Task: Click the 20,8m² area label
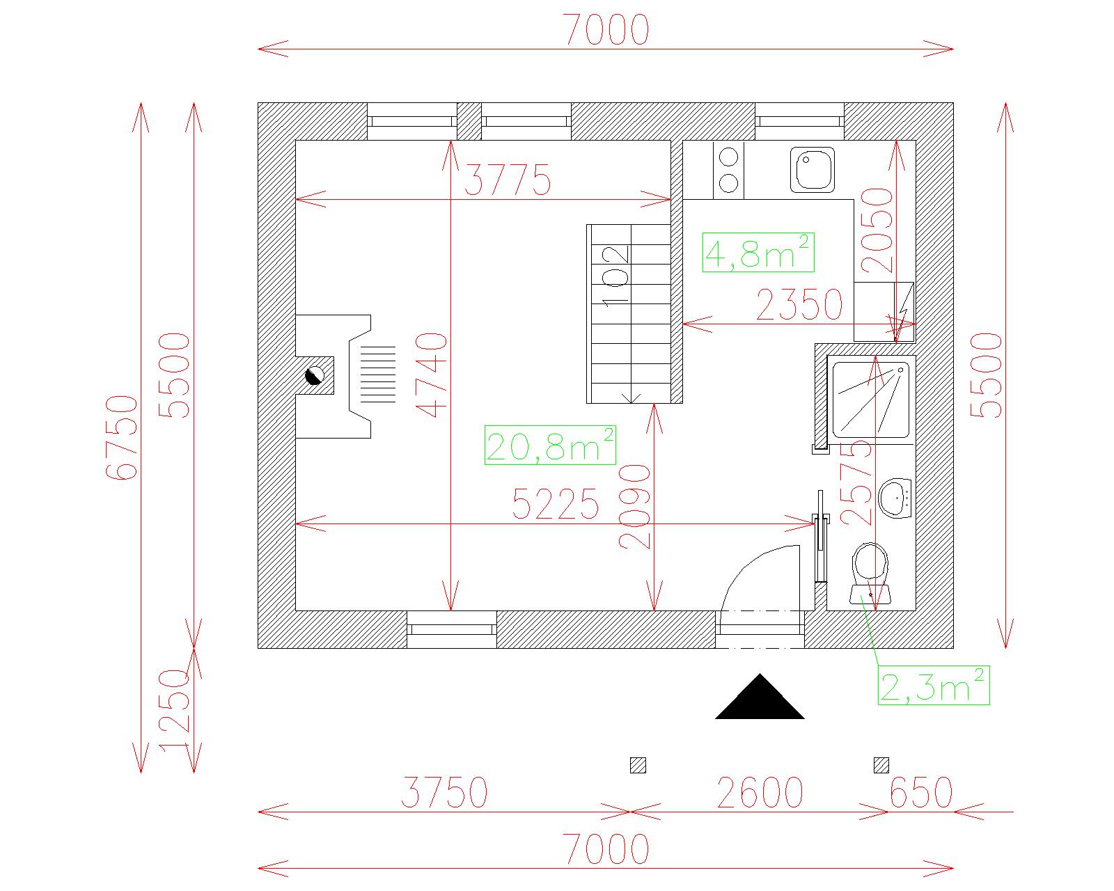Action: [x=550, y=445]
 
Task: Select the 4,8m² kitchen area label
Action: [x=758, y=253]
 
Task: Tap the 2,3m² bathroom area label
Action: [x=934, y=686]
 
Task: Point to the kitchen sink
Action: [x=813, y=170]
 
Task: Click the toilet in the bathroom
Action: [x=870, y=573]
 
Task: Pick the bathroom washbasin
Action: [x=895, y=498]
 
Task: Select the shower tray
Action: [x=871, y=400]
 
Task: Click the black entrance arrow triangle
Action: [x=760, y=696]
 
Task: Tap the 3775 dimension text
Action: [x=508, y=180]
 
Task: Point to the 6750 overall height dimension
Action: [x=122, y=438]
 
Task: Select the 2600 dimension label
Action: [x=760, y=793]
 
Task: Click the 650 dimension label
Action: [x=921, y=793]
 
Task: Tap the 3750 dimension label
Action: [x=445, y=793]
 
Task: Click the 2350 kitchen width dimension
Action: [x=799, y=305]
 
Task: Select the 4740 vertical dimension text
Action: [x=431, y=375]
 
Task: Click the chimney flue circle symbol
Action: [x=315, y=375]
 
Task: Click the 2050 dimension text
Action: [x=877, y=230]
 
